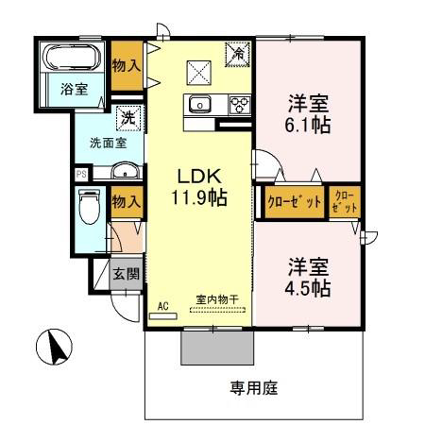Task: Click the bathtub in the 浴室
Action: click(x=72, y=57)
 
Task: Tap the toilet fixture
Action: click(x=90, y=206)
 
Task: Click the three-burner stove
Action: click(x=240, y=105)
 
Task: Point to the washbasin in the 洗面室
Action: click(x=125, y=171)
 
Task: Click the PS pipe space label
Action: click(x=81, y=174)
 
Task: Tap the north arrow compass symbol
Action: click(x=54, y=347)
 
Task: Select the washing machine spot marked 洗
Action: click(x=128, y=118)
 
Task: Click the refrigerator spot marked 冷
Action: click(x=238, y=54)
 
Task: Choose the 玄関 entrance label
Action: click(x=127, y=274)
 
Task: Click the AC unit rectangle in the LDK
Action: click(x=163, y=316)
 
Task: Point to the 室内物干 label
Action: click(x=217, y=299)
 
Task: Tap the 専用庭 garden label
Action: click(x=254, y=388)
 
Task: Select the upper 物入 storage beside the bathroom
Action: click(x=127, y=66)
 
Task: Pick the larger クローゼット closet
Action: click(x=295, y=202)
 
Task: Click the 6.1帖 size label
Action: click(x=308, y=126)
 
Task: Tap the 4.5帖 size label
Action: click(x=308, y=288)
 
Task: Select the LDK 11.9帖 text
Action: click(x=199, y=187)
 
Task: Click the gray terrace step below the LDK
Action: click(x=217, y=348)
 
